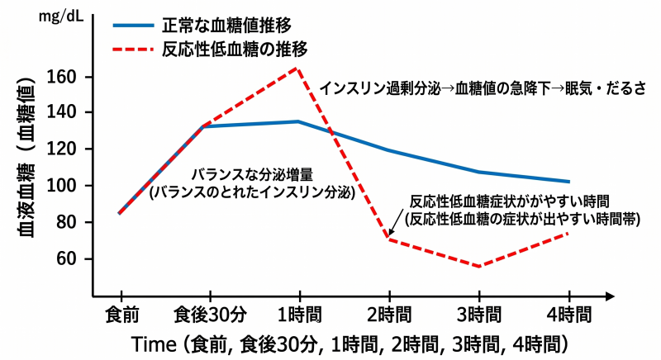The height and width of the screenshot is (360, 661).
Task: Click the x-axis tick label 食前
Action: (121, 315)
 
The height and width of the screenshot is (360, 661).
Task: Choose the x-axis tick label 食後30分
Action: (209, 315)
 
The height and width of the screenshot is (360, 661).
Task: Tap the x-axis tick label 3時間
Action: (478, 315)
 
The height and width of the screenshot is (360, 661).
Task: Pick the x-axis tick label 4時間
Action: (568, 315)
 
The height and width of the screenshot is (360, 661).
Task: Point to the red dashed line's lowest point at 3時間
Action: (478, 266)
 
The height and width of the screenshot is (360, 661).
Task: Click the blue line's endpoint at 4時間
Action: (568, 182)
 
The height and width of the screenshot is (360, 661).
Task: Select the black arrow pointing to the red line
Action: (396, 223)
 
